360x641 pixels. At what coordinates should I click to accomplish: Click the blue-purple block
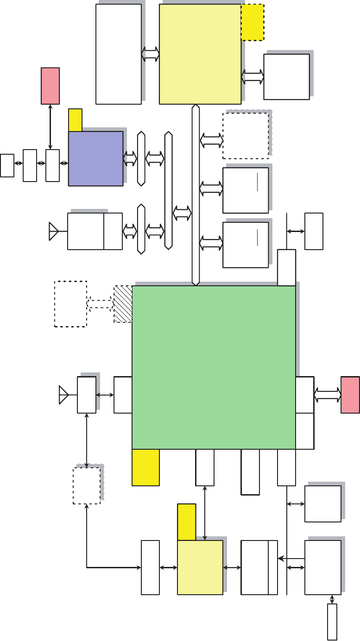(95, 158)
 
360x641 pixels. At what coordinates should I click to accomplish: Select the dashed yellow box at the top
(253, 22)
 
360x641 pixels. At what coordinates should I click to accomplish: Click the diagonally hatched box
(123, 304)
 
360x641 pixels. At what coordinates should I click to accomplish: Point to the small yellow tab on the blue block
(75, 120)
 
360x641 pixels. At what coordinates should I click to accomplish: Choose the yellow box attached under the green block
(145, 467)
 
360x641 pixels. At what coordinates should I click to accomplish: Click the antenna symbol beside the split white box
(54, 231)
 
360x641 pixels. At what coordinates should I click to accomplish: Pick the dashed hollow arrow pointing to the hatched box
(101, 304)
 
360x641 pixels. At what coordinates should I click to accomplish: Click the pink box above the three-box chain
(50, 86)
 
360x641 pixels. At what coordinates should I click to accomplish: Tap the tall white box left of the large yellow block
(119, 54)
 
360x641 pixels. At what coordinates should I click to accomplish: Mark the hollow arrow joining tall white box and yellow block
(150, 54)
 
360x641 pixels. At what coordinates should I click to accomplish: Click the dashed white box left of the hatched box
(70, 304)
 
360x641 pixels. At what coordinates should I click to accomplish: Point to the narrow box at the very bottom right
(332, 622)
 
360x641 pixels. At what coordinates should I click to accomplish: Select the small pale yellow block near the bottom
(200, 567)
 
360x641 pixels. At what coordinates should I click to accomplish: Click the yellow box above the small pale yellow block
(186, 522)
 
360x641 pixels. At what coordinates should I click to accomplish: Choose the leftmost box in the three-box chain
(7, 166)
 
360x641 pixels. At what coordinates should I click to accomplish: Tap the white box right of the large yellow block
(286, 77)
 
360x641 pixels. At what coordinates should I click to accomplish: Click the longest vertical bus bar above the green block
(196, 195)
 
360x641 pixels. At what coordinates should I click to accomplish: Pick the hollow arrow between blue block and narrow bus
(130, 158)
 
